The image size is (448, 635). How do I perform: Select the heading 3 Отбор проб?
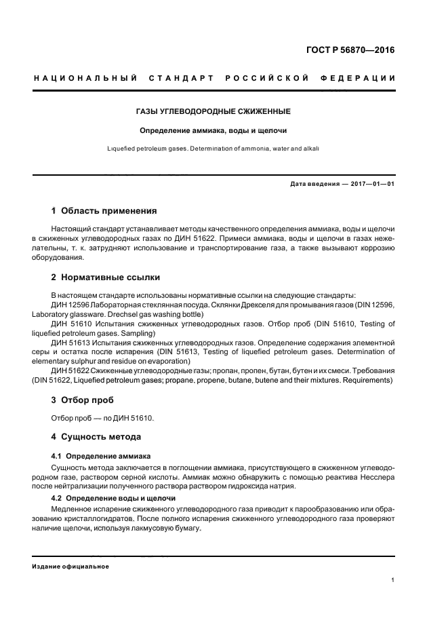83,400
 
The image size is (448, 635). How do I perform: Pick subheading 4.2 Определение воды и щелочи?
114,498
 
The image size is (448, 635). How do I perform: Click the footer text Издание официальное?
70,566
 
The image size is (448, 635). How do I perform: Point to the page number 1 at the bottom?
393,579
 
